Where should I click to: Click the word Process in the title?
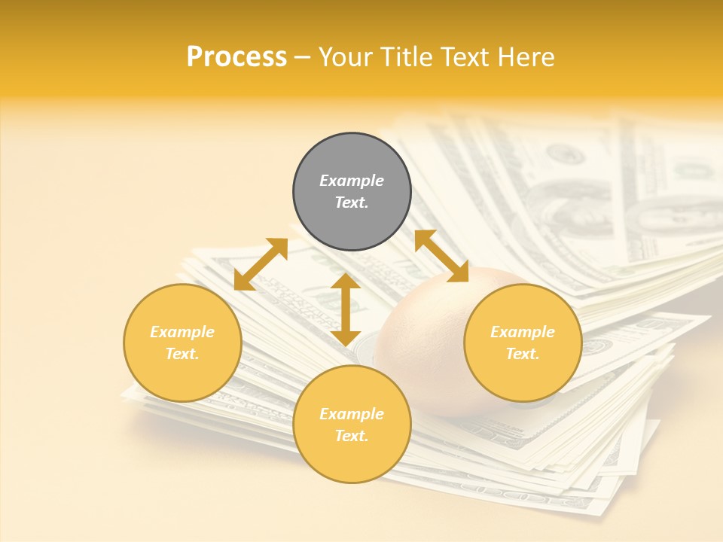point(236,57)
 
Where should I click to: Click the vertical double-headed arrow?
point(346,309)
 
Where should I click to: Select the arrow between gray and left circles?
point(261,264)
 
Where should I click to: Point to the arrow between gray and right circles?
point(441,256)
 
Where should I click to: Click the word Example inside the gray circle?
point(352,181)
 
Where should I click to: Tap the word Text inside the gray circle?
point(352,202)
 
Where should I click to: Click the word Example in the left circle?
point(182,332)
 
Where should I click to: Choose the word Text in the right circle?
point(523,354)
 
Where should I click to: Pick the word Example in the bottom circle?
point(352,414)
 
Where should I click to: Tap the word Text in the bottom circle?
point(352,436)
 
